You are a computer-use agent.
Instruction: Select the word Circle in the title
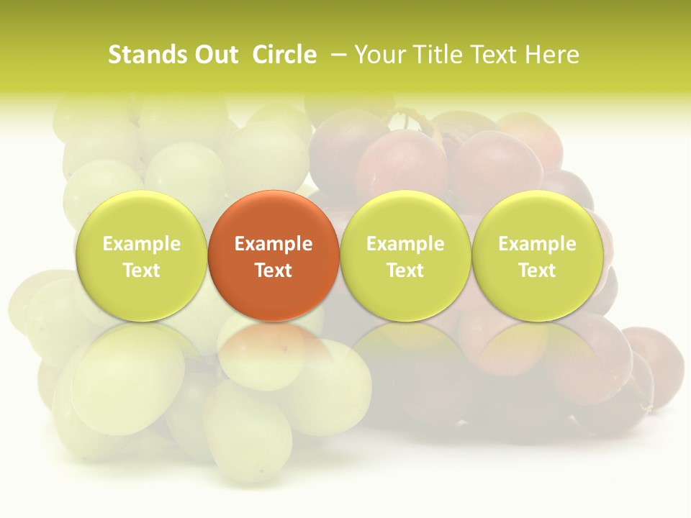284,55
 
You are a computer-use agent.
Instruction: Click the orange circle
274,255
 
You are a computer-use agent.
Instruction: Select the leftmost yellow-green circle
141,255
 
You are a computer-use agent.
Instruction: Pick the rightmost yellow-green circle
537,255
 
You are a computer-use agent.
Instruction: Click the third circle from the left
405,255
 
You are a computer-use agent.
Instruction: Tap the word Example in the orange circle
274,244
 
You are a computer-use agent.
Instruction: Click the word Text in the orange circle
274,271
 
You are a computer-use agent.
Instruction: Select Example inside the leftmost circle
141,244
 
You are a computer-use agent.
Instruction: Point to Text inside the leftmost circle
141,271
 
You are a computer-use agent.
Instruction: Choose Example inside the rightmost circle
537,244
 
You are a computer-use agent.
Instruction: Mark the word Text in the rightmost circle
537,271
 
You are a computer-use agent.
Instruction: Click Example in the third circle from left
405,244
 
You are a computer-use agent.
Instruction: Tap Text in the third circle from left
405,271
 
